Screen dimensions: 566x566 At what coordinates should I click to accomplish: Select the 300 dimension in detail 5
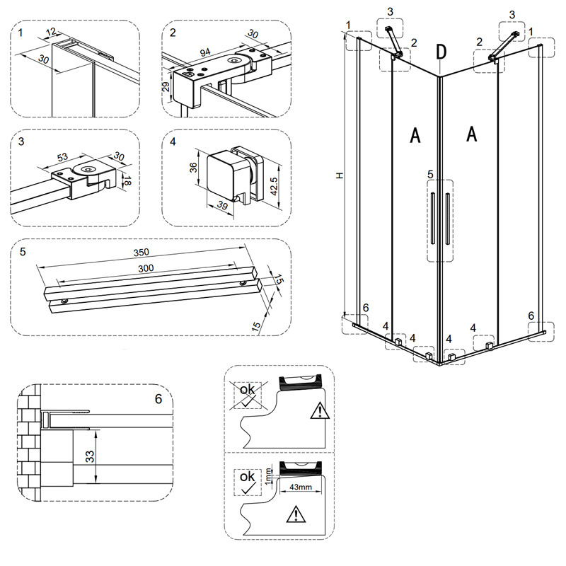pos(146,269)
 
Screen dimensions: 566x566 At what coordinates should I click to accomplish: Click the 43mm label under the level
pos(301,488)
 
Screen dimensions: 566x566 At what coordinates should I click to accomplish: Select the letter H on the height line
pos(340,174)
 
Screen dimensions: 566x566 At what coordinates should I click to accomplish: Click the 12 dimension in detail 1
pos(52,32)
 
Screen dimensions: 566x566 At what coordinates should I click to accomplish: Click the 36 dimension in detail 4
pos(195,168)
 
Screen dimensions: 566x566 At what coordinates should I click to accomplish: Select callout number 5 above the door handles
pos(429,174)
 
